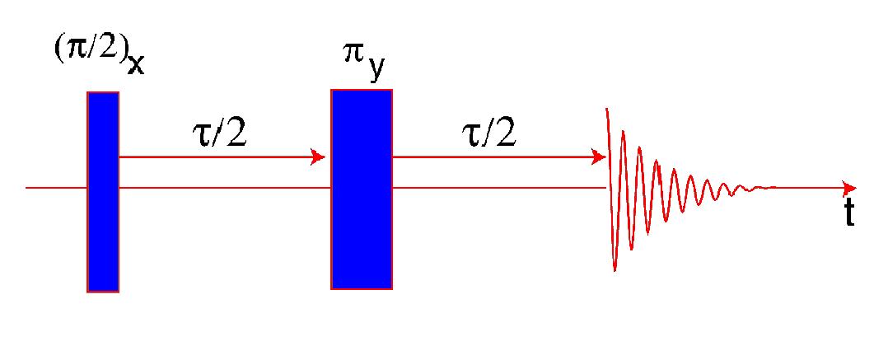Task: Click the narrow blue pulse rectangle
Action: click(x=103, y=191)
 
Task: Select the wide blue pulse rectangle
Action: click(x=362, y=189)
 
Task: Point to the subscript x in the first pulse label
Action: click(x=135, y=63)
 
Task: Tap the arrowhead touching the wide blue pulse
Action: click(x=320, y=157)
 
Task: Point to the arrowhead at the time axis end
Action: click(x=849, y=188)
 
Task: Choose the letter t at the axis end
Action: click(x=848, y=214)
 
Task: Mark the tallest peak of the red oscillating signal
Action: click(x=608, y=111)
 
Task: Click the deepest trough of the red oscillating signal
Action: click(x=615, y=268)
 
